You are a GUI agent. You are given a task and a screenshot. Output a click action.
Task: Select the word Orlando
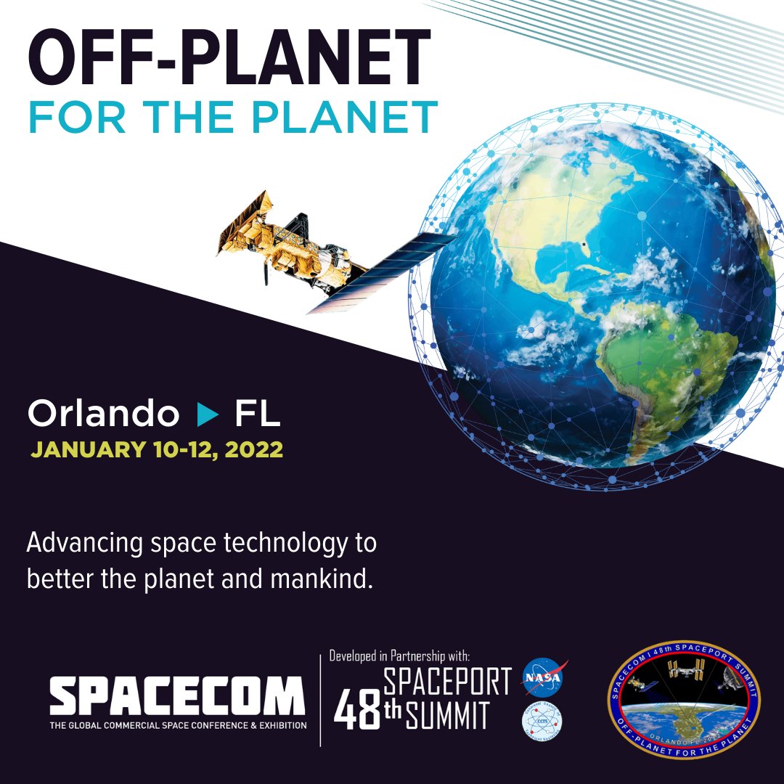click(x=103, y=415)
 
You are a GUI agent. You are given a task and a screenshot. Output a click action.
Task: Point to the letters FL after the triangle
click(x=257, y=415)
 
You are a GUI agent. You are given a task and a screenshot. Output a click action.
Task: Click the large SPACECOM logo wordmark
click(x=177, y=696)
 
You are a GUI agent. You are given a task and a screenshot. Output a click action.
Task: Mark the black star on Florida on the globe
click(x=584, y=245)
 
